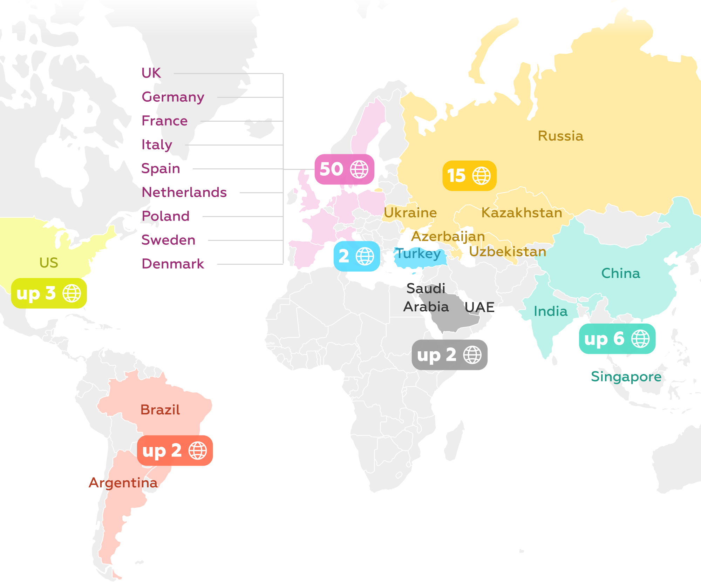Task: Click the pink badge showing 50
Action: [344, 169]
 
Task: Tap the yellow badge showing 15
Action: [469, 176]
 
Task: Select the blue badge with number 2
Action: [356, 256]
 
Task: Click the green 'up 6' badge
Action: [617, 339]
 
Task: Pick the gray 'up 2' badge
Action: [449, 355]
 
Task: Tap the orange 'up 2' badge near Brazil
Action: [175, 451]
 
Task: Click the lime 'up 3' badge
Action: [49, 293]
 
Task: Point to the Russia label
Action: [560, 136]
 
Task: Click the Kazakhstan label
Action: [522, 213]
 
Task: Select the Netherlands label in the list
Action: [184, 192]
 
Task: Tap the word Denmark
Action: [173, 264]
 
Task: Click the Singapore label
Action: [626, 377]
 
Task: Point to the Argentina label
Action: [123, 483]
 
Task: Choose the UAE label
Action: [479, 307]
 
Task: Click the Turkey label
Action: [418, 253]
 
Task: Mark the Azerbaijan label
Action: [448, 237]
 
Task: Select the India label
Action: [550, 311]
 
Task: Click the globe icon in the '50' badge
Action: [359, 170]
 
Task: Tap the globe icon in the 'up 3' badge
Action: [72, 293]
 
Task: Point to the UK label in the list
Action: [151, 73]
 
